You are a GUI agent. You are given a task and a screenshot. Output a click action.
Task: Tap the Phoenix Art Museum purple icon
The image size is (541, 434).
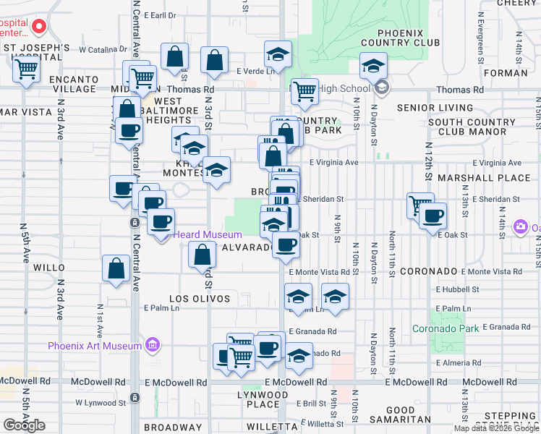pyautogui.click(x=152, y=345)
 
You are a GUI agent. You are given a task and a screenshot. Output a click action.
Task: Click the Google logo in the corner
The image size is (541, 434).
pyautogui.click(x=24, y=425)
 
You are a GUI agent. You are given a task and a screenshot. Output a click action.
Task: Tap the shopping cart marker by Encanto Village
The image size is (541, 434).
pyautogui.click(x=27, y=69)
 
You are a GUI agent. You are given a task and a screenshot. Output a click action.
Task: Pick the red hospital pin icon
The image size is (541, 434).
pyautogui.click(x=38, y=28)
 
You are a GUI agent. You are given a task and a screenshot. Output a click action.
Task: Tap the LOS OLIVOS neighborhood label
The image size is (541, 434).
pyautogui.click(x=200, y=299)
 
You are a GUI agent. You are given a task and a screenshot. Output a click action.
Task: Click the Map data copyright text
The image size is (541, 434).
pyautogui.click(x=497, y=428)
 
